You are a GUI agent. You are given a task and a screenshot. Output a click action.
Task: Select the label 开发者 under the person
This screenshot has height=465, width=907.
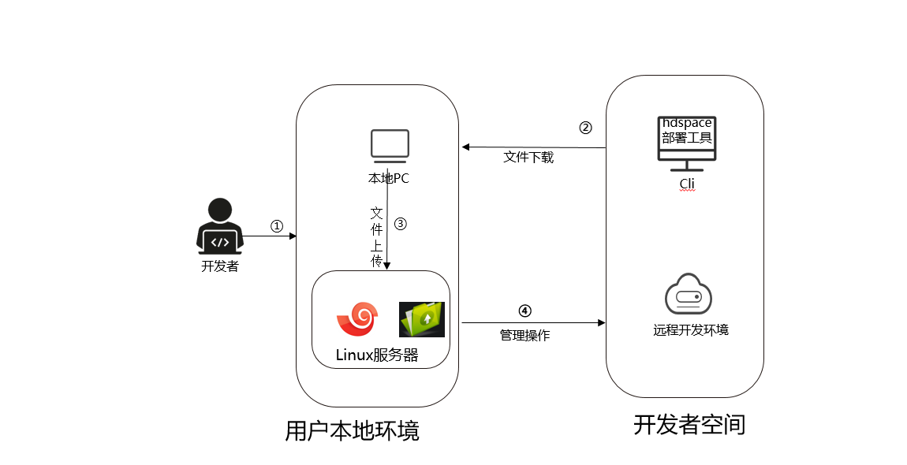[220, 266]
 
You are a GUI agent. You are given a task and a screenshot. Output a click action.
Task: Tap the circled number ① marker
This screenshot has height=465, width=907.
[276, 225]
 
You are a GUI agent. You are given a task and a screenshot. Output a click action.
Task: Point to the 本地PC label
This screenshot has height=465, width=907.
[389, 178]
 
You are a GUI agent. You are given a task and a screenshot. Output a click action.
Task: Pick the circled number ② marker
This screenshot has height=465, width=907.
[584, 128]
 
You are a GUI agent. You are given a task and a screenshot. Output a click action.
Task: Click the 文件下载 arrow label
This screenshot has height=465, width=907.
[528, 158]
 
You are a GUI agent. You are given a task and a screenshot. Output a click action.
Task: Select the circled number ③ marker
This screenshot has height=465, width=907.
[400, 223]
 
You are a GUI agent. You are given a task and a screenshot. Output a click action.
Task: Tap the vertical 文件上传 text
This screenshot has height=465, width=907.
[377, 236]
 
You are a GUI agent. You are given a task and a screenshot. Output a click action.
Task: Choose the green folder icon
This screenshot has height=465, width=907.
[421, 319]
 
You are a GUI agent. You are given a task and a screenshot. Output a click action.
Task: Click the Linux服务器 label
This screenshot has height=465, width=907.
[377, 355]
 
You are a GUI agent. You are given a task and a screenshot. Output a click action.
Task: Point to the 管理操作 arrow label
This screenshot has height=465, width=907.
[524, 336]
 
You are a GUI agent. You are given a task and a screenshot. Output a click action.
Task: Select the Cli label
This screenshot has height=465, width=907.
[687, 184]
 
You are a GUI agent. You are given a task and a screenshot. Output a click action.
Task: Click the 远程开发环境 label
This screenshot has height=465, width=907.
[690, 329]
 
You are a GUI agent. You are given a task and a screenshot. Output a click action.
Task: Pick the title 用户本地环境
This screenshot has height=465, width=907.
[352, 431]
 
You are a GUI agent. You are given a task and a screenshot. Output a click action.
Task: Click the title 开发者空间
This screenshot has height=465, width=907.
[689, 425]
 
